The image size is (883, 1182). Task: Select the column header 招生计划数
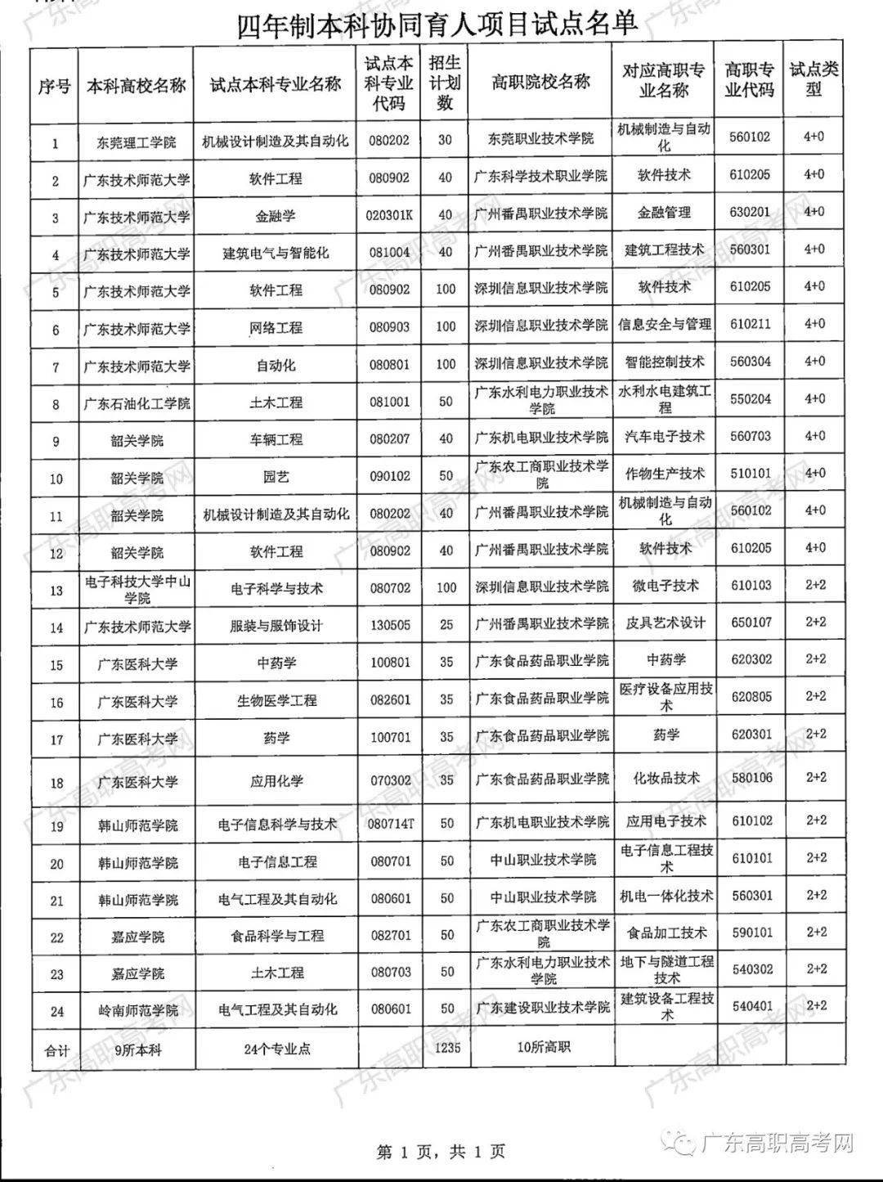tap(445, 83)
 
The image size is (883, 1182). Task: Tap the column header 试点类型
tap(814, 79)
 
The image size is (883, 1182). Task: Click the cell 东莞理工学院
tap(137, 142)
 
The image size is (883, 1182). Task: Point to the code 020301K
tap(390, 215)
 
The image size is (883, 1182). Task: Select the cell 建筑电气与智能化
tap(276, 254)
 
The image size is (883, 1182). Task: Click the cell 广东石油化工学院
tap(137, 403)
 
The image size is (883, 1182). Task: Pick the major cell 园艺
tap(276, 477)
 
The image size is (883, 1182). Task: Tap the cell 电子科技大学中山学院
tap(137, 589)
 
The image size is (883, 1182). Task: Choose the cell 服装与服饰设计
tap(276, 626)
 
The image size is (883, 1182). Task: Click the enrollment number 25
tap(446, 625)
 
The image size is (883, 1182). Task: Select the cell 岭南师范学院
tap(137, 1011)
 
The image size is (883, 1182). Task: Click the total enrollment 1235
tap(446, 1048)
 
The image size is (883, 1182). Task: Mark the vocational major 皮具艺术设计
tap(665, 623)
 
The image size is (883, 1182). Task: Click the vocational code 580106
tap(751, 777)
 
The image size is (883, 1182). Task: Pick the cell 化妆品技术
tap(666, 778)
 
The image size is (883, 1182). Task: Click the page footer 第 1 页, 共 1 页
tap(441, 1152)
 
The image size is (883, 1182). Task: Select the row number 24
tap(56, 1011)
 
